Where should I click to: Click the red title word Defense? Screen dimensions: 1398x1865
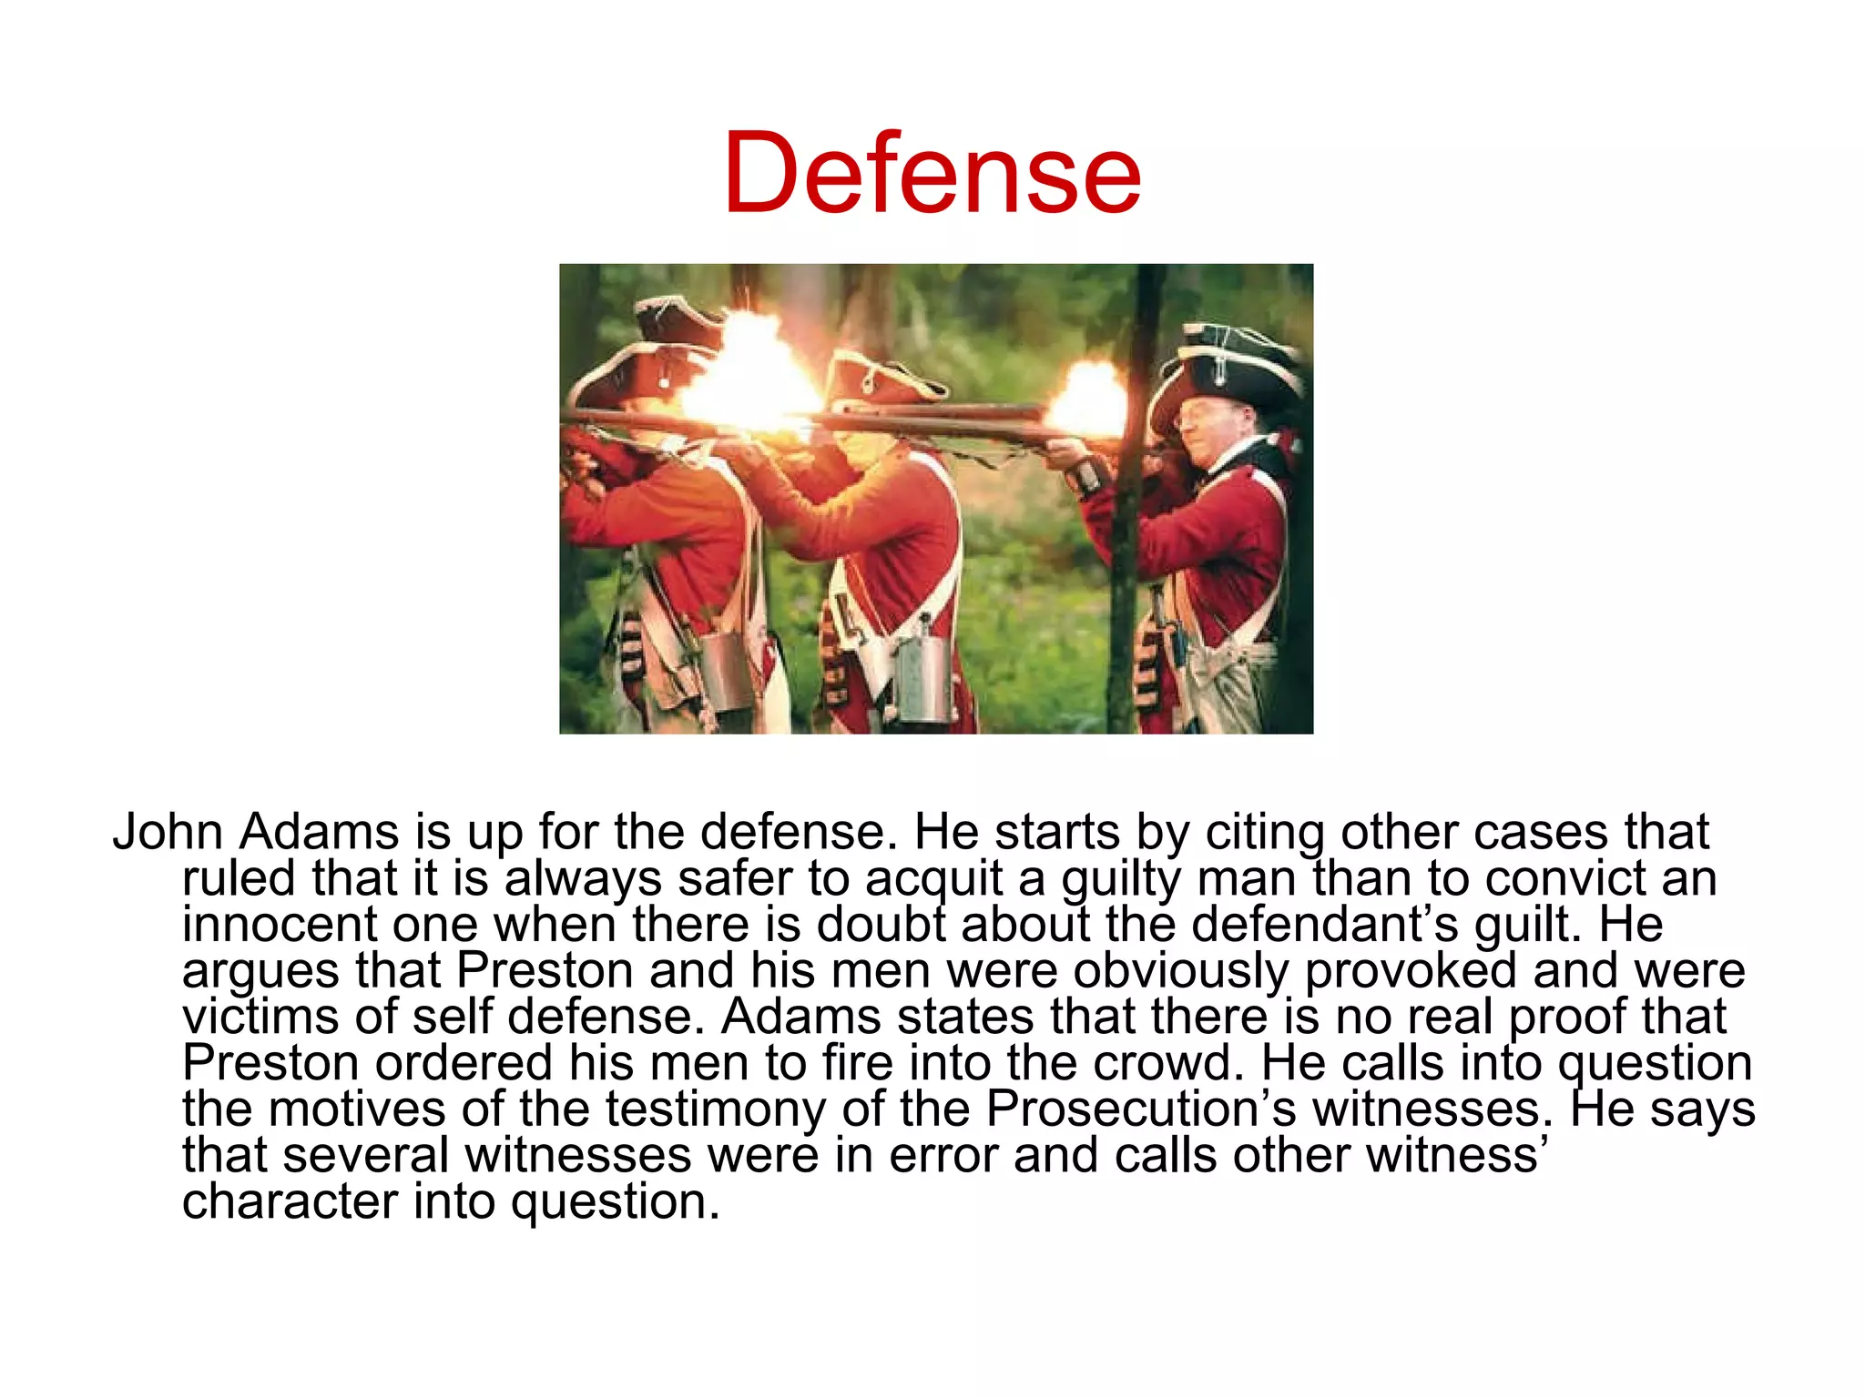[x=932, y=173]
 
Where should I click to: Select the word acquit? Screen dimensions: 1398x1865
[x=933, y=879]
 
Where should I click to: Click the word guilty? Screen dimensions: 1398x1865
[x=1121, y=879]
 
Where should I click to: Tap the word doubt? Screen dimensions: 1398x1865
[x=880, y=924]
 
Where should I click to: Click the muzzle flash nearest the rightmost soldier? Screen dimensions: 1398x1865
[x=1088, y=400]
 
